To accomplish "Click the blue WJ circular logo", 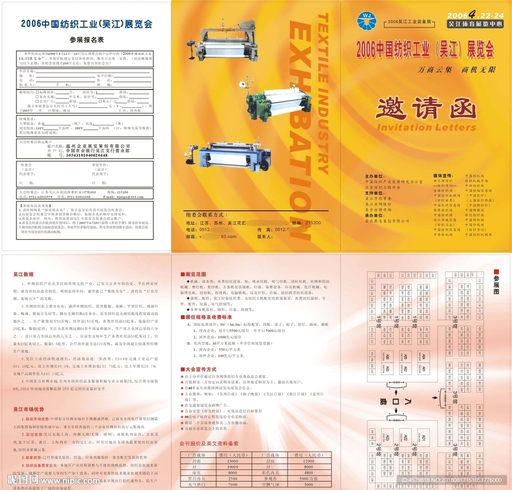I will pyautogui.click(x=364, y=19).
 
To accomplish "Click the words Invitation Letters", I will pyautogui.click(x=425, y=127).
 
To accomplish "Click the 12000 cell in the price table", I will pyautogui.click(x=308, y=461).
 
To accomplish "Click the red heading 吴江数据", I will pyautogui.click(x=23, y=274).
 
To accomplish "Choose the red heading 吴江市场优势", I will pyautogui.click(x=27, y=410).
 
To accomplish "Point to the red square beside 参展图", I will pyautogui.click(x=496, y=270).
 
